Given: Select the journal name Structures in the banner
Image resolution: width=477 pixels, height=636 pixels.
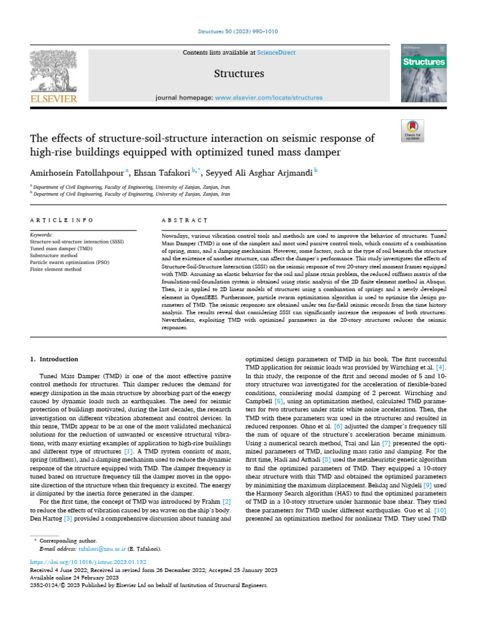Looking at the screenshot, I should tap(238, 74).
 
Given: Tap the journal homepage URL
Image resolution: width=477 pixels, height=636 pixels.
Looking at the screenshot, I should tap(269, 98).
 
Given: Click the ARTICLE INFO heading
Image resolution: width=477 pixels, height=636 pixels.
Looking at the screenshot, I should tap(61, 220).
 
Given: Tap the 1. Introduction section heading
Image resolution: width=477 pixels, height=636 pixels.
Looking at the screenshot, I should tap(55, 359).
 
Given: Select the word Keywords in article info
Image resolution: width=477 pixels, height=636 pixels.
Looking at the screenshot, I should tap(41, 235).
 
